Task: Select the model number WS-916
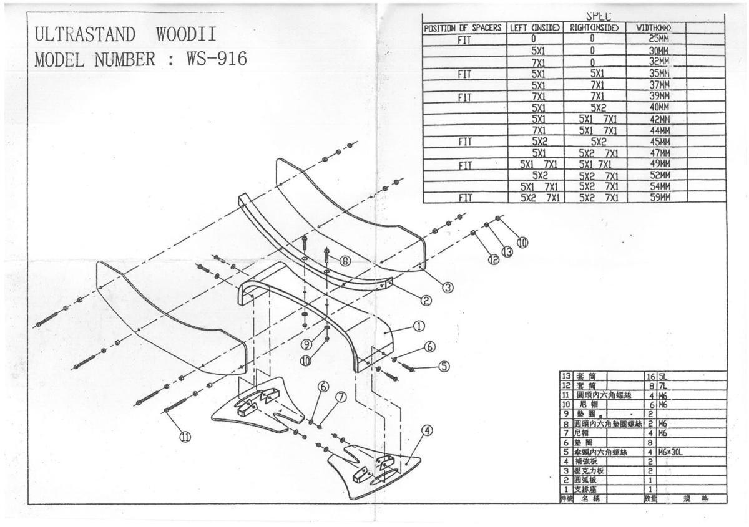216,59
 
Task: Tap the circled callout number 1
419,326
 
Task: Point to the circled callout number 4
427,430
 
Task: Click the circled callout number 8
344,261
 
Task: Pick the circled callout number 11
185,437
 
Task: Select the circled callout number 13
507,251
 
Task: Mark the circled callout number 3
448,287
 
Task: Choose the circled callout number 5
444,366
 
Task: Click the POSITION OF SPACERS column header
463,28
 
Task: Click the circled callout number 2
426,301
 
